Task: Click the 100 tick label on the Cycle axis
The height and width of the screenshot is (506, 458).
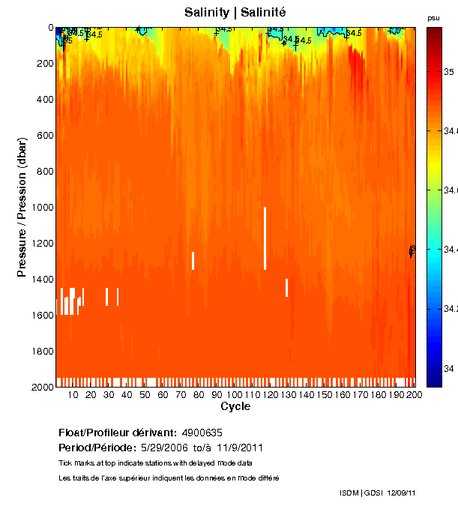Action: coord(235,395)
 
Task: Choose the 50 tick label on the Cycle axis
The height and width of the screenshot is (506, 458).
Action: coord(145,395)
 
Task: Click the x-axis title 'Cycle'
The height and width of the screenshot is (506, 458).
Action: coord(235,406)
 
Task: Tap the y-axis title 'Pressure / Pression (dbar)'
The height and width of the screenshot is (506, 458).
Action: coord(22,207)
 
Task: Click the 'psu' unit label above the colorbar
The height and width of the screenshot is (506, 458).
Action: coord(433,18)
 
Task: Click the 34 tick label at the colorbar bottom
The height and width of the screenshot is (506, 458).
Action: coord(448,368)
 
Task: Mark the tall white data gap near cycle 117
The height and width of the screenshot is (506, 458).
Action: coord(265,238)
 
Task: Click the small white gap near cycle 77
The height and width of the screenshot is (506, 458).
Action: coord(193,260)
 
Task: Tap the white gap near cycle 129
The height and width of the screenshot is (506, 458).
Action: coord(286,287)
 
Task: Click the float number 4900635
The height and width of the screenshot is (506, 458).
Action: coord(202,433)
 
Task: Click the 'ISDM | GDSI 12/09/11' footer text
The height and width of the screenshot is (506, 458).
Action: coord(378,493)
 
